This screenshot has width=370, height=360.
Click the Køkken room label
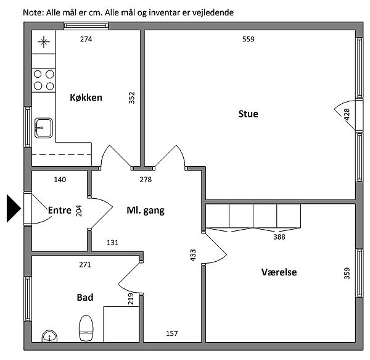(x=86, y=98)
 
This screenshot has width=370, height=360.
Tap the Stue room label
(x=249, y=114)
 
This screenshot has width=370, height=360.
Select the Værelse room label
(x=279, y=272)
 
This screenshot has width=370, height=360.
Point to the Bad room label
(x=85, y=297)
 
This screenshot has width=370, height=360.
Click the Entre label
(x=59, y=210)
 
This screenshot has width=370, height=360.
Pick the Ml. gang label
(x=146, y=211)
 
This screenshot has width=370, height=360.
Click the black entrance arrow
(x=14, y=208)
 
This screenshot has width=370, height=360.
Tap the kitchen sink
(x=44, y=128)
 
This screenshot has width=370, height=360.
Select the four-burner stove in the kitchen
(x=44, y=80)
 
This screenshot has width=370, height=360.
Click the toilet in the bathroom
(x=86, y=328)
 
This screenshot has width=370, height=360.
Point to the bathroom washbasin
(x=49, y=336)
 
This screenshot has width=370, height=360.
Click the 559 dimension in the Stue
(x=249, y=40)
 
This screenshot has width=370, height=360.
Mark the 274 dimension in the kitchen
(x=86, y=40)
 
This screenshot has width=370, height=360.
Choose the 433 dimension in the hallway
(x=193, y=255)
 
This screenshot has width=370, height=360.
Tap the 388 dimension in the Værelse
(x=279, y=237)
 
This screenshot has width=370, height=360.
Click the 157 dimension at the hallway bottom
(x=172, y=333)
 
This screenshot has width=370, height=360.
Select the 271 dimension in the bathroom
(x=85, y=264)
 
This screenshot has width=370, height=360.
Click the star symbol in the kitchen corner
(x=44, y=42)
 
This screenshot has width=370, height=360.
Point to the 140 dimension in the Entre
(x=60, y=180)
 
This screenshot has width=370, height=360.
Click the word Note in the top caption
(x=33, y=12)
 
